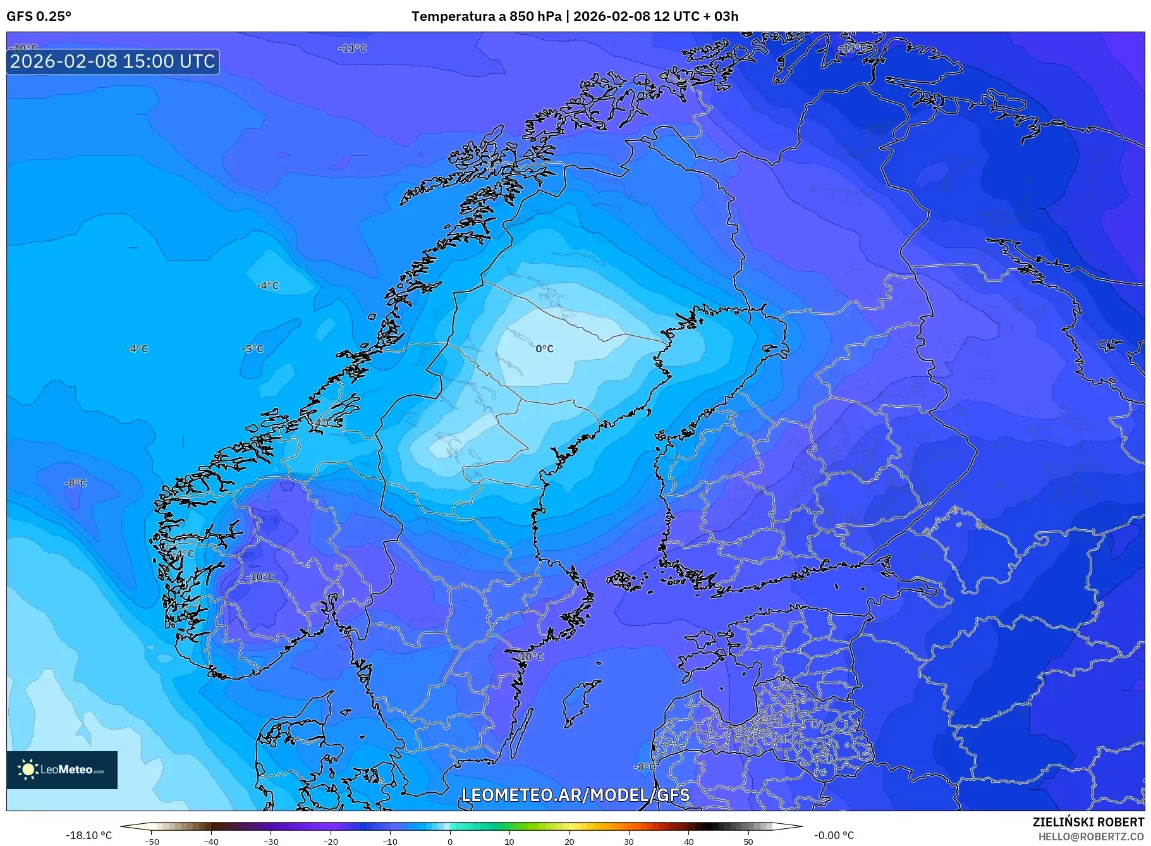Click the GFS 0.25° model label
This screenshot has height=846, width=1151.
tap(39, 16)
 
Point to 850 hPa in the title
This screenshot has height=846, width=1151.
tap(535, 16)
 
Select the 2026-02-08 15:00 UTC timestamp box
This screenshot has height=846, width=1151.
tap(113, 61)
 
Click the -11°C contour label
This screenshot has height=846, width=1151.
tap(352, 48)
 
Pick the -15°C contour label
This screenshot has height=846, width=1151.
tap(853, 48)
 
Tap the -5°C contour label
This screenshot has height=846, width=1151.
tap(252, 349)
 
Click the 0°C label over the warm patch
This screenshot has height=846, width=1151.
tap(544, 349)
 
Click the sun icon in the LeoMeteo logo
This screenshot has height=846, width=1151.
tap(28, 769)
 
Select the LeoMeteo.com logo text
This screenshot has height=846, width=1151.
tap(71, 770)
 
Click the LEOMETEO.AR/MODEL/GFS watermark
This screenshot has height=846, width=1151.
tap(575, 795)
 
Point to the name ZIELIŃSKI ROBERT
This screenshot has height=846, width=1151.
tap(1088, 822)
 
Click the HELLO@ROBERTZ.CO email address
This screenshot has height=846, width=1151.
tap(1090, 837)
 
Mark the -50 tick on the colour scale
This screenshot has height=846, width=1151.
tap(152, 841)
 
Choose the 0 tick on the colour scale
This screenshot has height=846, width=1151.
tap(450, 841)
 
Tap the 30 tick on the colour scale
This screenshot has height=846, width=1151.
tap(629, 841)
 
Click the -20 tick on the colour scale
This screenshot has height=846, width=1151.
tap(331, 841)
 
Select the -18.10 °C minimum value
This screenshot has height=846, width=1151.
tap(88, 835)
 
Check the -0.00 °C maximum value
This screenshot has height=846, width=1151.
tap(834, 835)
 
